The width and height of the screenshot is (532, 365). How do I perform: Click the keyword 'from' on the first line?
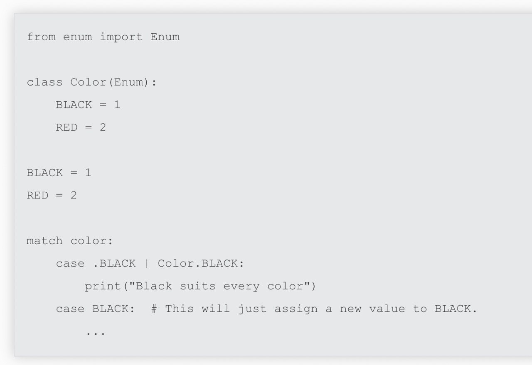point(41,37)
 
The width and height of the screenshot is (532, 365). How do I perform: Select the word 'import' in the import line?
point(121,37)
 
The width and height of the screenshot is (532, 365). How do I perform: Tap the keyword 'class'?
point(44,82)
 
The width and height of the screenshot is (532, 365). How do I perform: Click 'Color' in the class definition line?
point(88,82)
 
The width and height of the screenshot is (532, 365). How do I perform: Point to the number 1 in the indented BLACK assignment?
point(117,105)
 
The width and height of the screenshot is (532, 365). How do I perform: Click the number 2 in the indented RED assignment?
point(103,127)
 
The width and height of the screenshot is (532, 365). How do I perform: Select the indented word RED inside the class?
point(67,127)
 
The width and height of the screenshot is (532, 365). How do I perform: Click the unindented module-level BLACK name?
point(44,173)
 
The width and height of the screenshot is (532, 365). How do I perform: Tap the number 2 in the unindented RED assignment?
point(74,196)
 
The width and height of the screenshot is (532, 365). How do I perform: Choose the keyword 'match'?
point(44,241)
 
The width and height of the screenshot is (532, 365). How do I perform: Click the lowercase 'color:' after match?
point(92,241)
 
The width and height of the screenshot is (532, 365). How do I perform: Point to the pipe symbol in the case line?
point(147,264)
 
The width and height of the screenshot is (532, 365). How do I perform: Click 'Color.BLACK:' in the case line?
point(201,263)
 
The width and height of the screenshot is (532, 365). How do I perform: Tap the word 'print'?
point(103,287)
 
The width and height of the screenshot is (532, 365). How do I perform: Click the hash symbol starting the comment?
point(154,309)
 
